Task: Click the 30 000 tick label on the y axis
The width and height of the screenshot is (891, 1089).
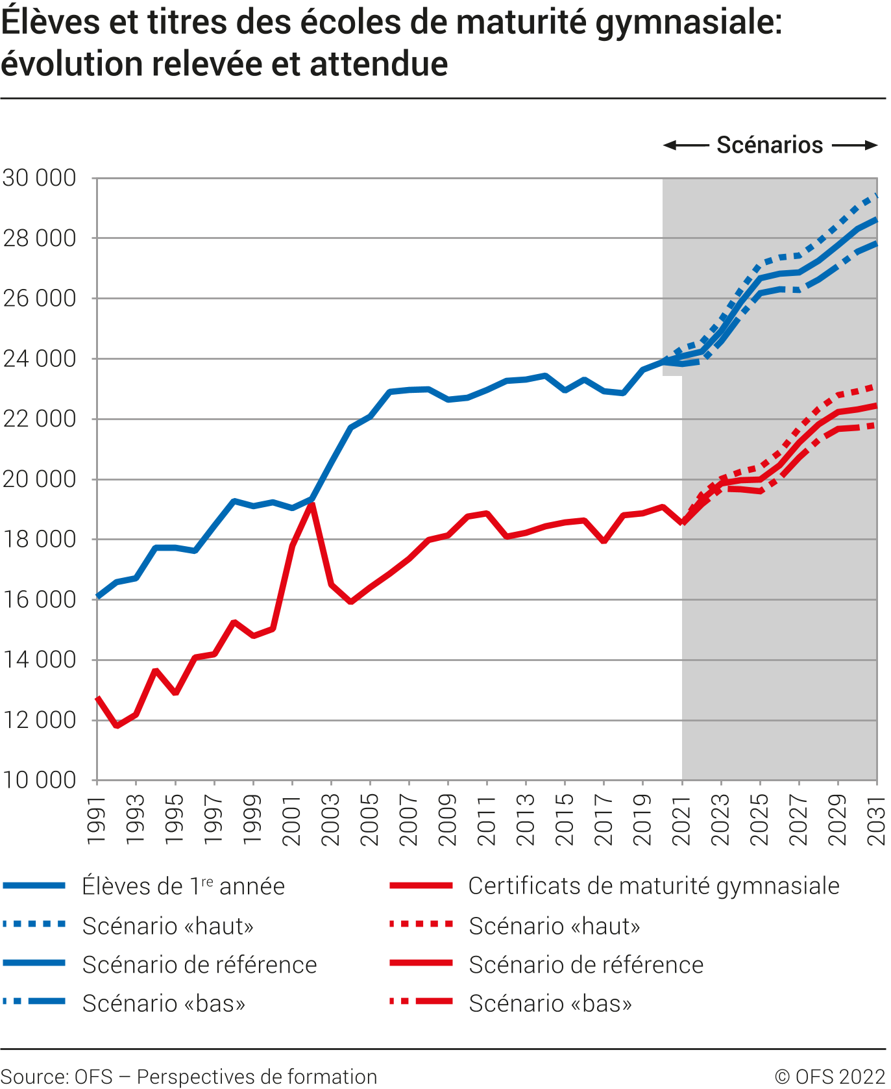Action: (40, 178)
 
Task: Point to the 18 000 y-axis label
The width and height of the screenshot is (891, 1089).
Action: (40, 540)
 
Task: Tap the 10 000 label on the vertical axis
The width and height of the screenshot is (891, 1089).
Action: (40, 781)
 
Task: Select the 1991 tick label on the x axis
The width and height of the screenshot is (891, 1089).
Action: (97, 821)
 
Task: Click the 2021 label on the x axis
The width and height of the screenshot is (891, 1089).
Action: (682, 821)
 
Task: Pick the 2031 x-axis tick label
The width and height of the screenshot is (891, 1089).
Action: (877, 821)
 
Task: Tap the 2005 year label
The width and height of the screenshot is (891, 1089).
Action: (370, 821)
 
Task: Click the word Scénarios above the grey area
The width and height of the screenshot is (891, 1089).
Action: (770, 145)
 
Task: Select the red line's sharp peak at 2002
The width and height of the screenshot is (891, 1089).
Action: (312, 505)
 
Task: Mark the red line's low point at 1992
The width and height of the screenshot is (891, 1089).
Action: (117, 725)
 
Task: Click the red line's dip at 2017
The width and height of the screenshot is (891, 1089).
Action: (604, 540)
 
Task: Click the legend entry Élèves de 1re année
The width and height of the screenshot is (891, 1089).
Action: (183, 886)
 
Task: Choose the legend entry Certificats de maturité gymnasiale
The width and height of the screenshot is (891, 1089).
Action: (653, 886)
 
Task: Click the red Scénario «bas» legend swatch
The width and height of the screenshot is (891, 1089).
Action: (421, 1002)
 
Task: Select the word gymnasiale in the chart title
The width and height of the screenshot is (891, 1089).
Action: (689, 23)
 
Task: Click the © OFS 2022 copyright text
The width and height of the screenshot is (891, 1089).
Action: (830, 1076)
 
